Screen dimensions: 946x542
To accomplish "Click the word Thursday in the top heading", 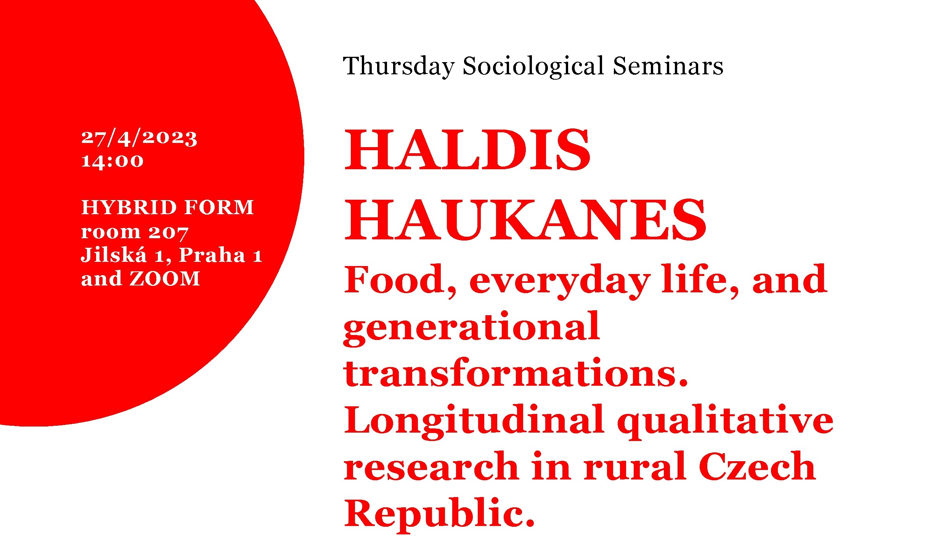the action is click(x=399, y=67).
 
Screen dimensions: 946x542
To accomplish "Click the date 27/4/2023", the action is click(x=139, y=138).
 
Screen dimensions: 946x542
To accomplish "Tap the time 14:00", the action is click(x=112, y=161).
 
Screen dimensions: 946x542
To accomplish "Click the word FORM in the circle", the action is click(x=219, y=208).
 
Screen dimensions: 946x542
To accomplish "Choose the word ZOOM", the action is click(x=165, y=279).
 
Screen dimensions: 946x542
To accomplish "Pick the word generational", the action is click(x=472, y=329).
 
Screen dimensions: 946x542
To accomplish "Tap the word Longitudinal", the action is click(x=474, y=421).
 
